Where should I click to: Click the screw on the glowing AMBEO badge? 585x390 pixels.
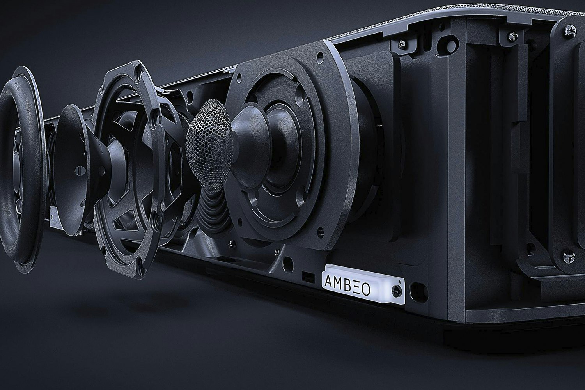[397, 289]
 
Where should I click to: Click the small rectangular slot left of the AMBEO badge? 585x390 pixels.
[306, 275]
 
